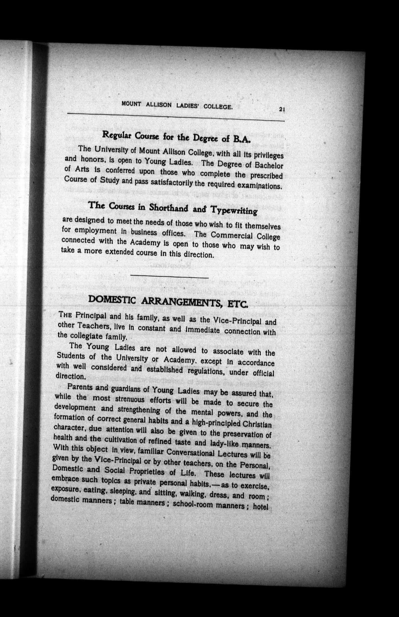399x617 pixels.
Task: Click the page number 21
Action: (282, 110)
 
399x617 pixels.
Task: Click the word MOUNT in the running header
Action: (131, 103)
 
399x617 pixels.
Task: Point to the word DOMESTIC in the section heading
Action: (112, 300)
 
